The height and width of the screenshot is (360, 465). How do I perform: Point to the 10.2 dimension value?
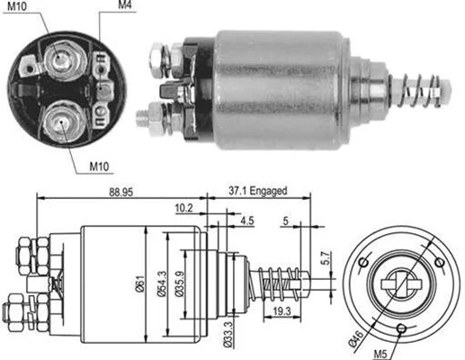click(183, 208)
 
